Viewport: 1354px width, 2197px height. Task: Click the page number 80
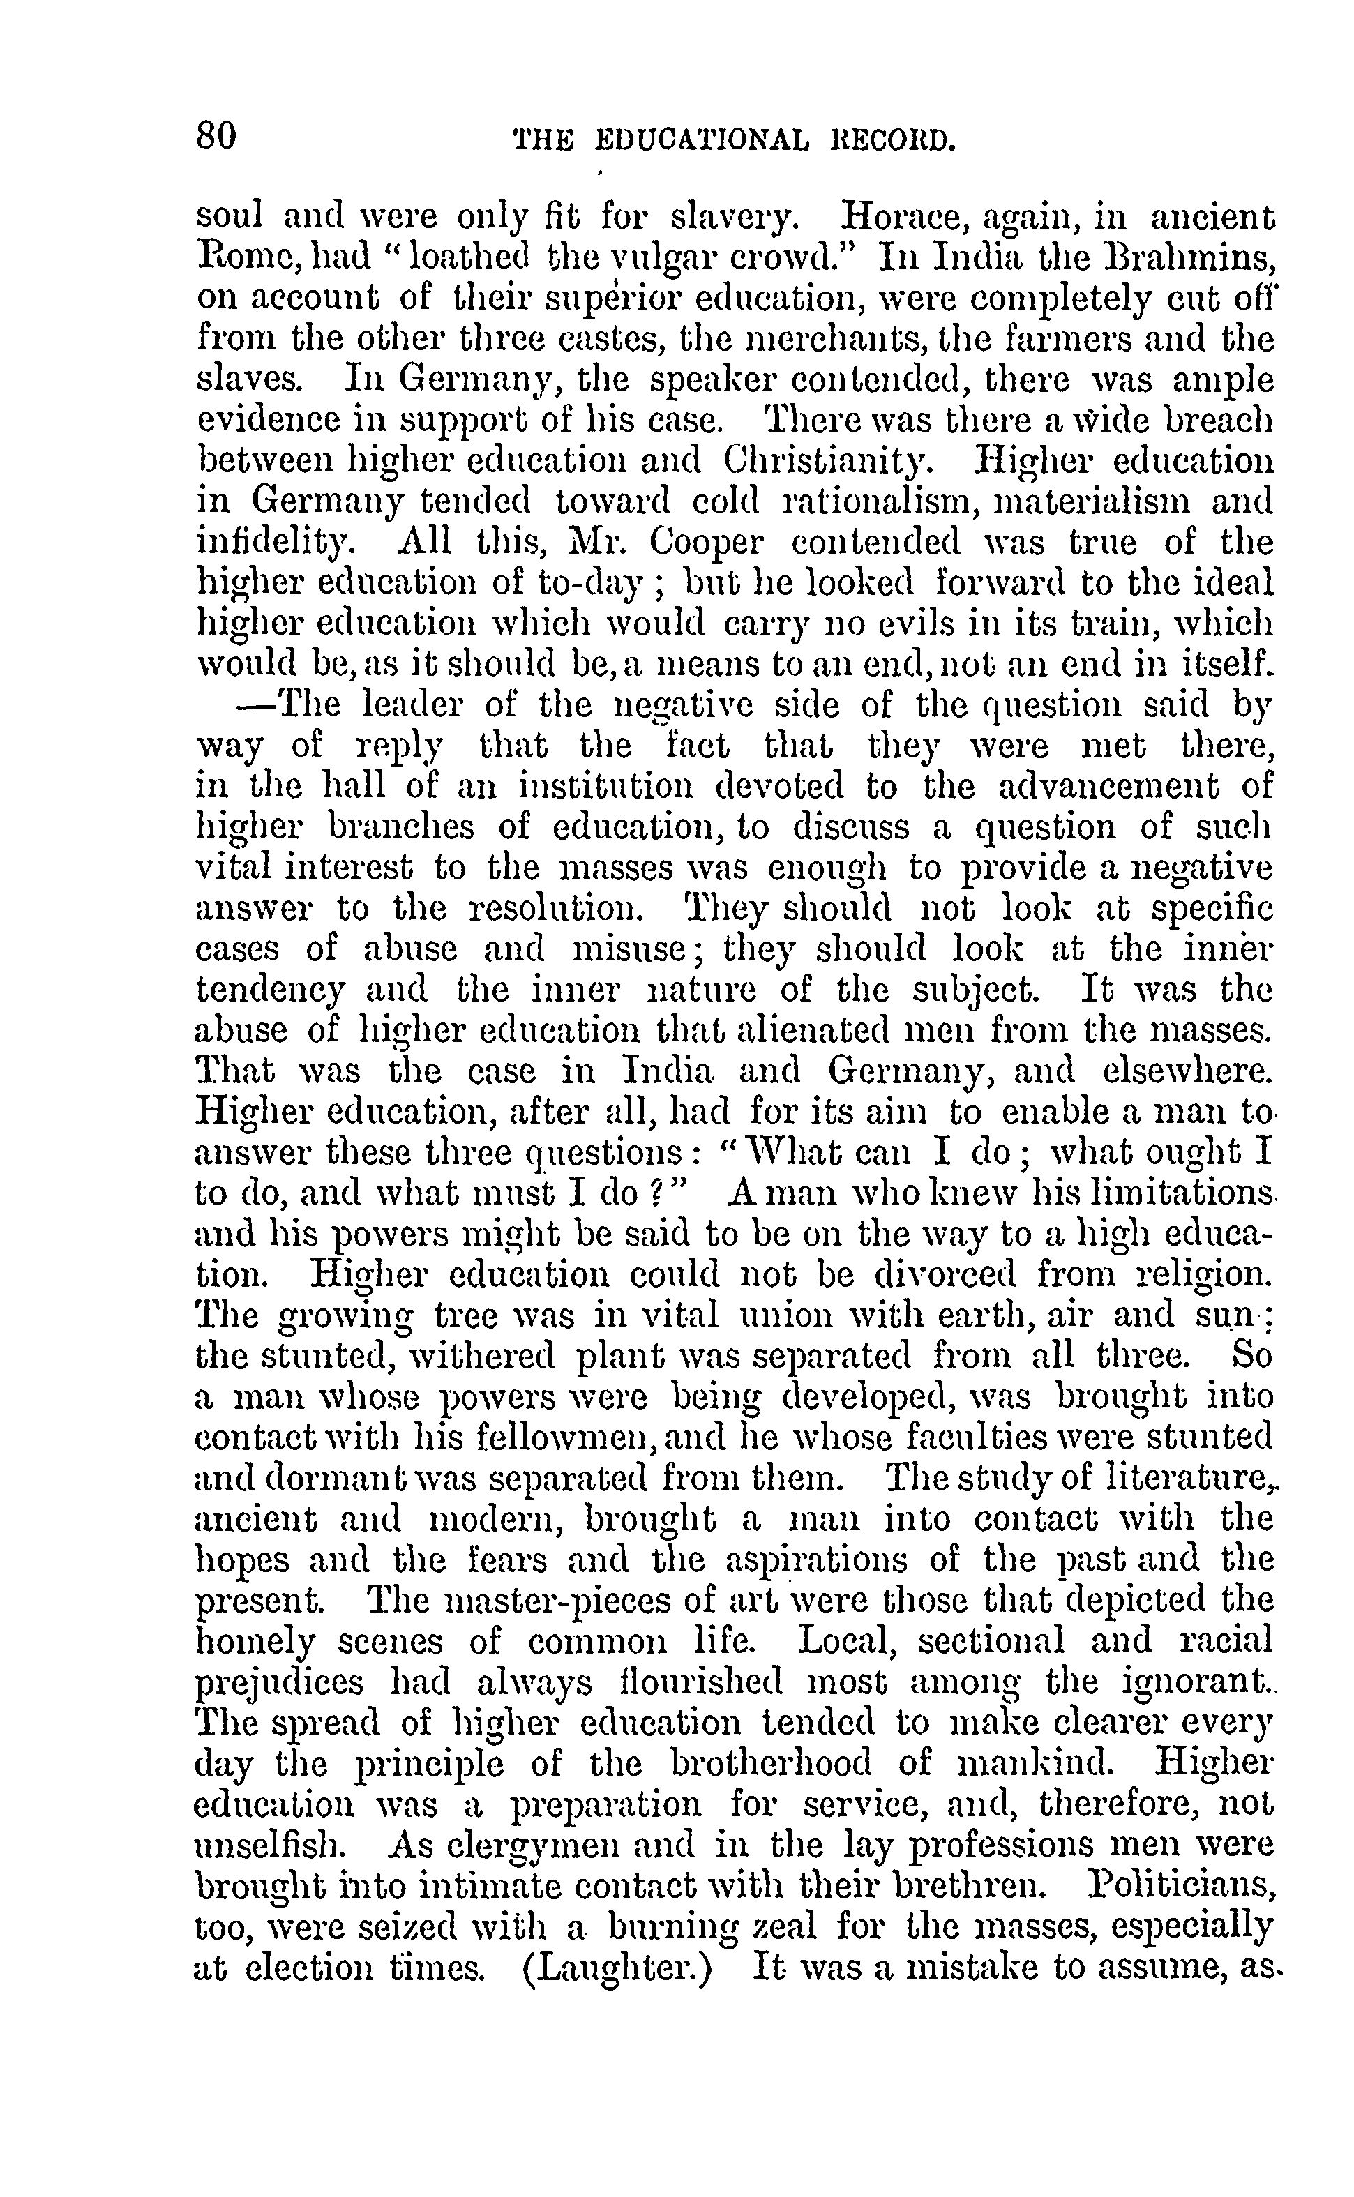pos(216,137)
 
